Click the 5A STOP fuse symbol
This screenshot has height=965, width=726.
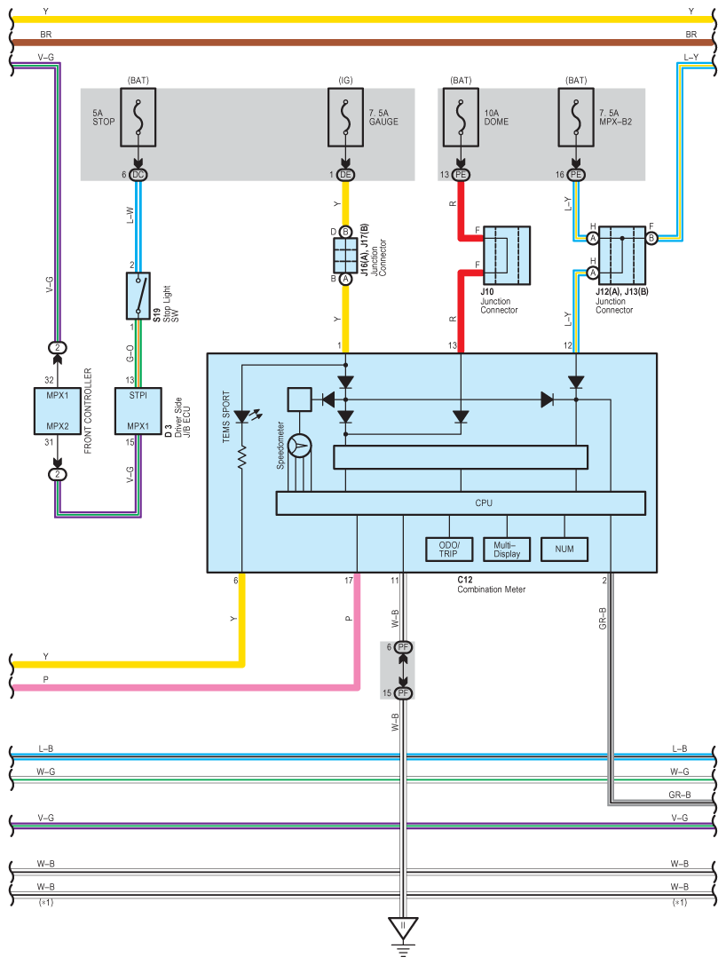138,117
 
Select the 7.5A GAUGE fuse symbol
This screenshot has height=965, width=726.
345,117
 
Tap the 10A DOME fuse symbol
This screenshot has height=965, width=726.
461,117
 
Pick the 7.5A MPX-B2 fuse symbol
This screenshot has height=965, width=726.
576,117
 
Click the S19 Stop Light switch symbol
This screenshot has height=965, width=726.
138,296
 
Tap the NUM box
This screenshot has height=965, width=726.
564,550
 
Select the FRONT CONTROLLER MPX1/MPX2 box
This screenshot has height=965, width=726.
57,410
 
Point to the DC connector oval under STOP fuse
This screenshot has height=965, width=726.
138,175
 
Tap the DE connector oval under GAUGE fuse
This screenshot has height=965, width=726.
345,175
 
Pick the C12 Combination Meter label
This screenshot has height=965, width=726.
491,583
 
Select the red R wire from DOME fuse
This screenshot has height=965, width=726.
461,213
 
